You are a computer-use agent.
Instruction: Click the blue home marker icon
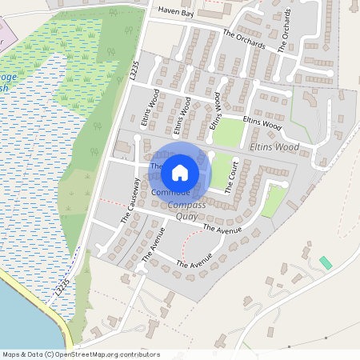pos(180,172)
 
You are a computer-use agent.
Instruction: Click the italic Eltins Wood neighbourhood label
pos(274,148)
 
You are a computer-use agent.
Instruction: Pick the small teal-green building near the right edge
pos(325,262)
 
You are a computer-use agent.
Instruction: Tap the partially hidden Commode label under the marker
pos(170,193)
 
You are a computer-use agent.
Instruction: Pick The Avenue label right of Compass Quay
pos(222,230)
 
